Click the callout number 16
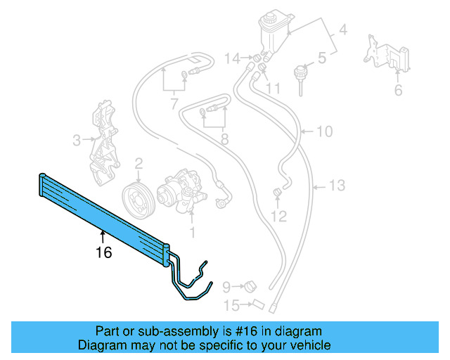click(x=103, y=252)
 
